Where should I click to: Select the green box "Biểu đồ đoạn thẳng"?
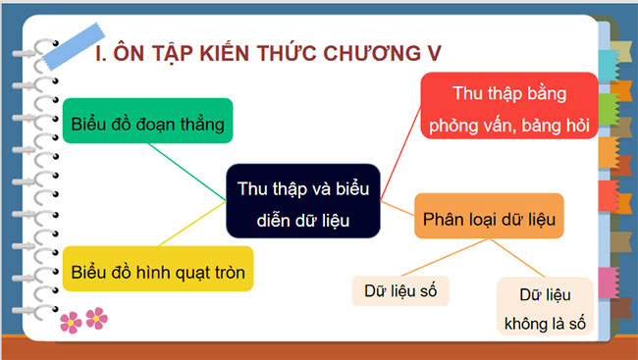click(x=148, y=125)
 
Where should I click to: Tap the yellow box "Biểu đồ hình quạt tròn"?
click(x=159, y=268)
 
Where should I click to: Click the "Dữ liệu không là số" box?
click(x=545, y=306)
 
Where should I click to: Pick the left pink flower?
click(x=72, y=320)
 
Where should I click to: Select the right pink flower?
click(x=96, y=317)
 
